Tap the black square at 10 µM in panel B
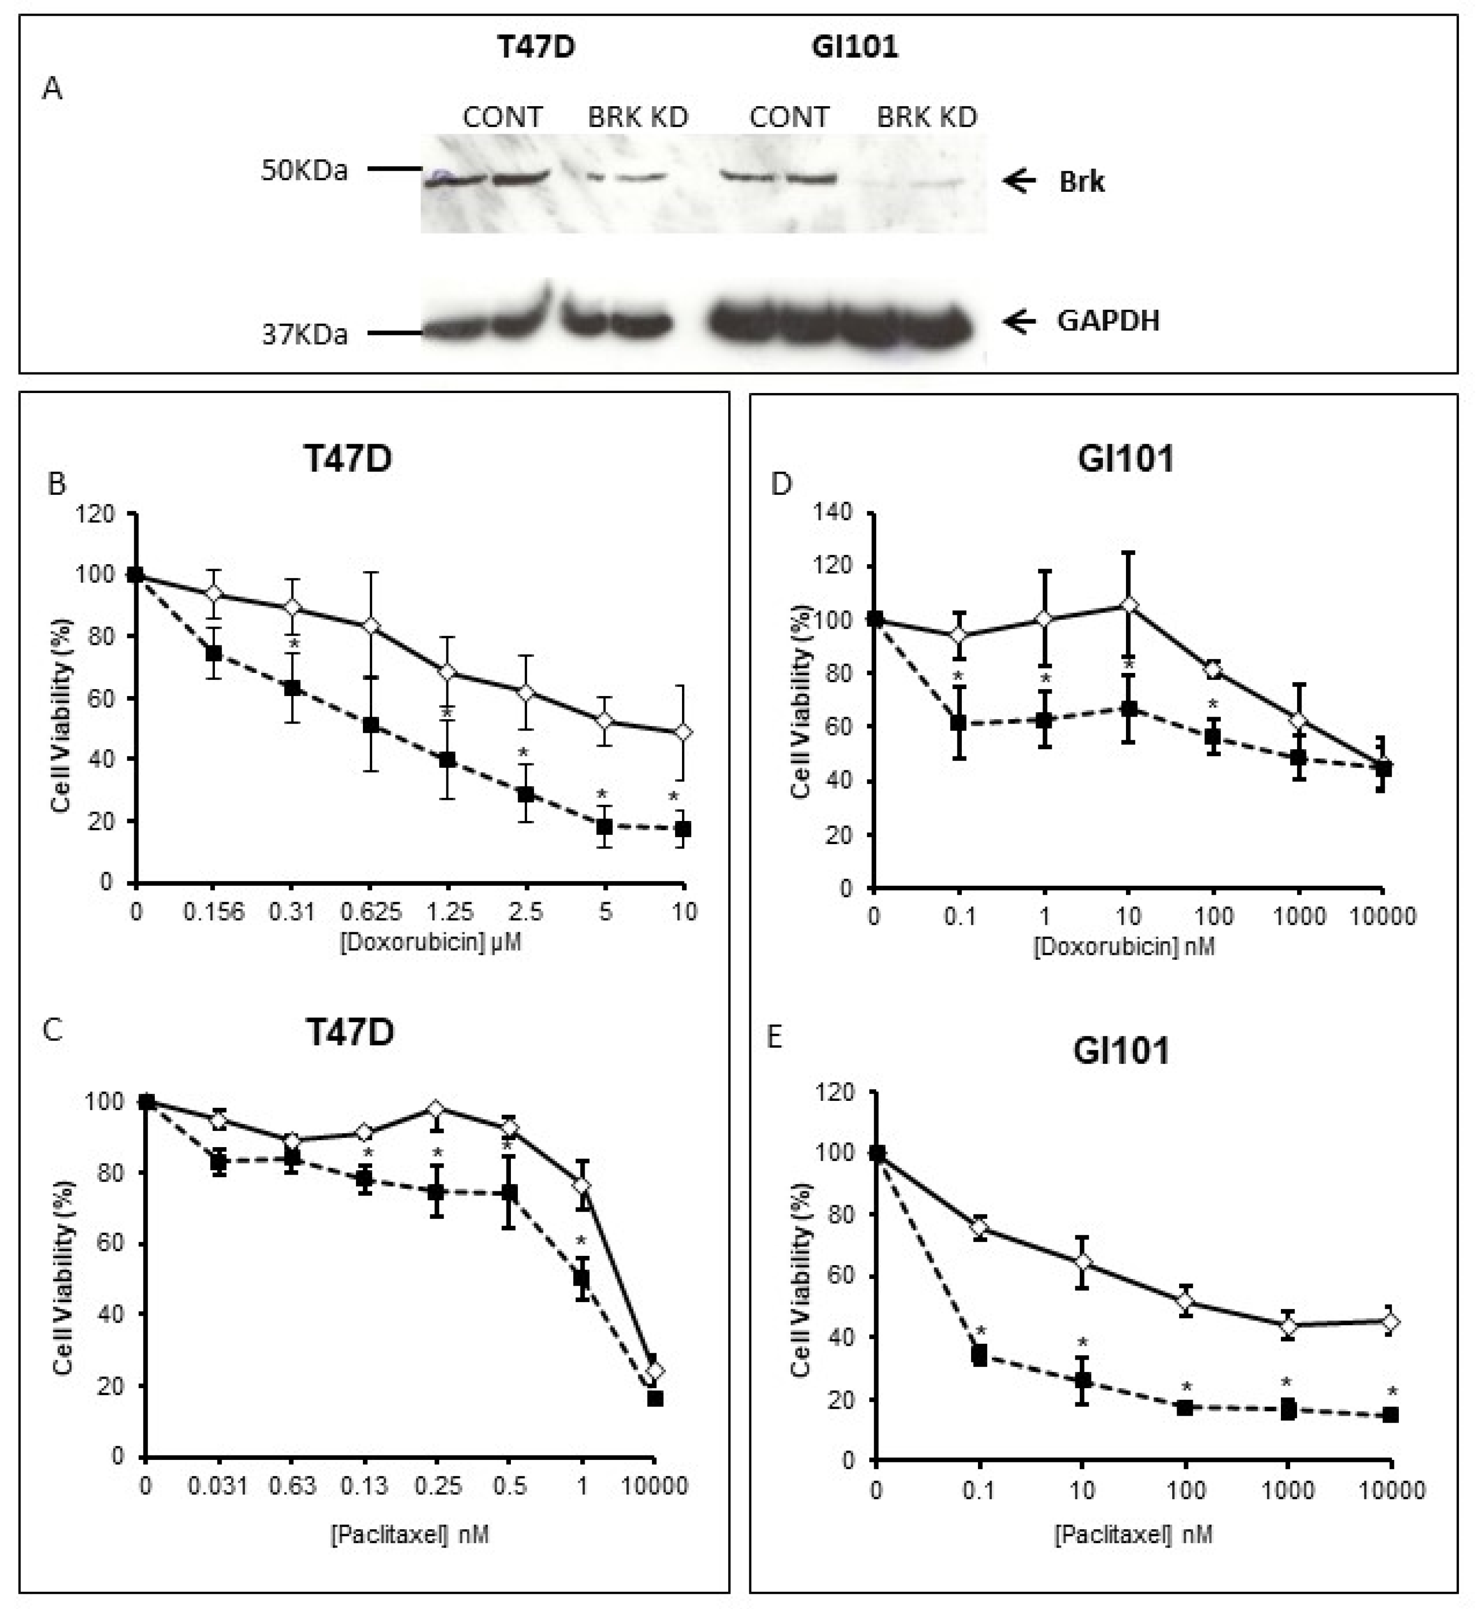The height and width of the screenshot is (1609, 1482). (x=682, y=828)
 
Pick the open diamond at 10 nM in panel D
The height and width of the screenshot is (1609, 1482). (x=1129, y=604)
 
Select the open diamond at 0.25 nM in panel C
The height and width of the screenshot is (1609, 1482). (x=436, y=1109)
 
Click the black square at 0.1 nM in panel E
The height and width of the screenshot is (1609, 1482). (x=979, y=1356)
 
